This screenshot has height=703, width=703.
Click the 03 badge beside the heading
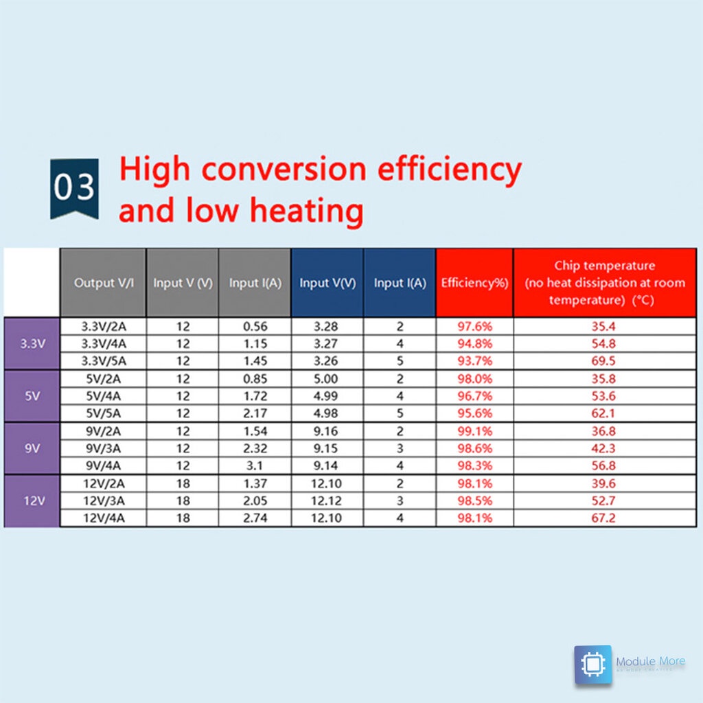tap(74, 188)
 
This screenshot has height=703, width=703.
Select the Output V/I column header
tap(103, 283)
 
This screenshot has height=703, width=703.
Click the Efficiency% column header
tap(474, 283)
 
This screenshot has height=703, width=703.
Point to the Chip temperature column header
tap(605, 283)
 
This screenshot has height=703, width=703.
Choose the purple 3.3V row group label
tap(32, 343)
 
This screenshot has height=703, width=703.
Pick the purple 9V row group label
tap(32, 448)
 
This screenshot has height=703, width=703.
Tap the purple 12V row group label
tap(32, 500)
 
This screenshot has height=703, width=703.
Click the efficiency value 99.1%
tap(474, 431)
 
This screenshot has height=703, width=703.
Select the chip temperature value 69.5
tap(603, 360)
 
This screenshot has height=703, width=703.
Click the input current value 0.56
tap(255, 326)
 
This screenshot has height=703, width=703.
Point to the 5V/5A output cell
tap(103, 413)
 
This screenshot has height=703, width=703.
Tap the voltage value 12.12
tap(327, 500)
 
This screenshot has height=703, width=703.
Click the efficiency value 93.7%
tap(474, 360)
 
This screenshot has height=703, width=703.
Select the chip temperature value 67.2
tap(603, 518)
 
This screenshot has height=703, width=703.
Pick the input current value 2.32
tap(255, 448)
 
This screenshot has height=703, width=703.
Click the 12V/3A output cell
tap(103, 500)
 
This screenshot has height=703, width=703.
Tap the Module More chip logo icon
tap(592, 664)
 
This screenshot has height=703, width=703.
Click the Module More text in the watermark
tap(650, 661)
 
